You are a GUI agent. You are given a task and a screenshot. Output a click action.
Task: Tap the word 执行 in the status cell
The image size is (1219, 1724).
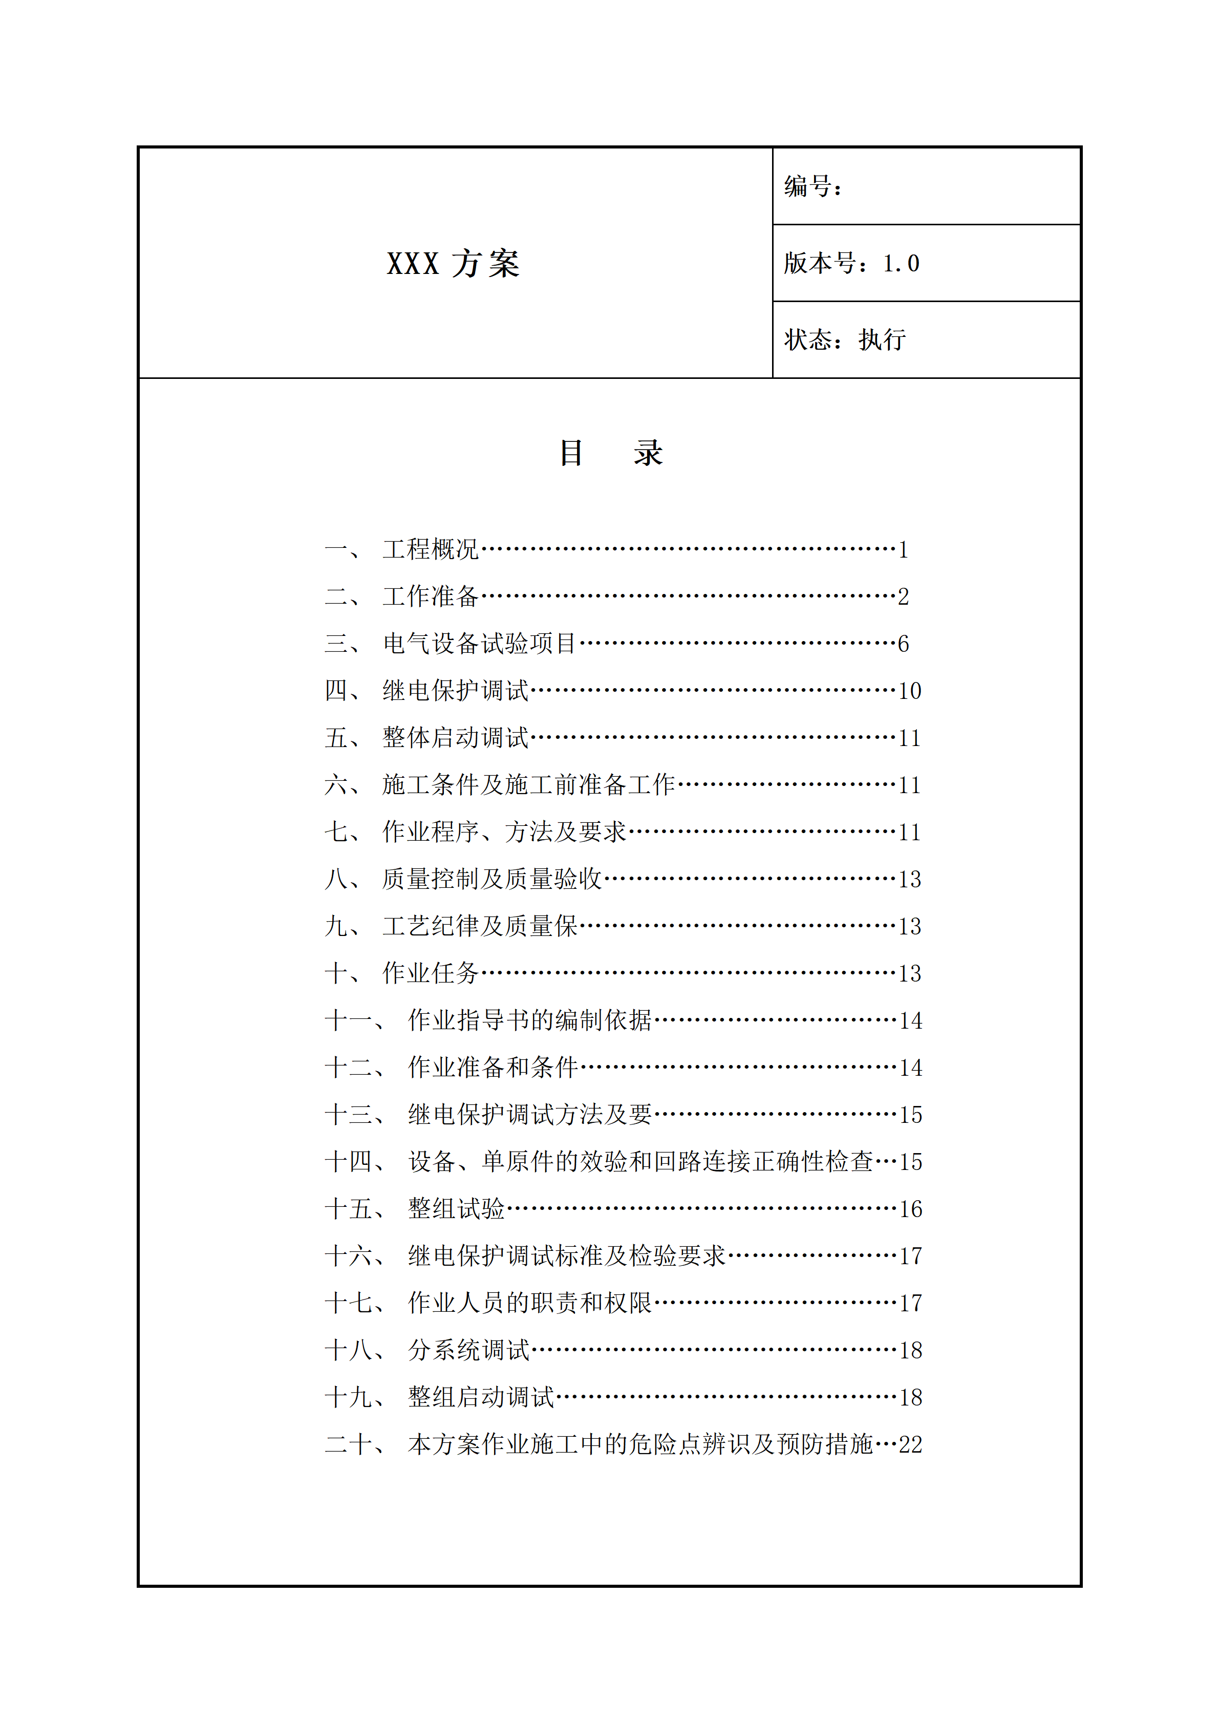[882, 340]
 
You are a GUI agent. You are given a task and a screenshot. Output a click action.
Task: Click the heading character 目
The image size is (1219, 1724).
[571, 453]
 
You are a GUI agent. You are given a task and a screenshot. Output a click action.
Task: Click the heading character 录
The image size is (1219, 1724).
[647, 453]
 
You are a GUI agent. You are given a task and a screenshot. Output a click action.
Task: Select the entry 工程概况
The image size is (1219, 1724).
[430, 549]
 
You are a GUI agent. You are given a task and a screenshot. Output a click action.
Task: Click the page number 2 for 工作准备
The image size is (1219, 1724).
[904, 597]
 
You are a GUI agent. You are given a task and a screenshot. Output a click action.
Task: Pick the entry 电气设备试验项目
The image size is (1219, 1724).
[479, 644]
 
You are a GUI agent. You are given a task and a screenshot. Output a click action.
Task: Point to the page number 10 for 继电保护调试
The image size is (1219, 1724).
[910, 691]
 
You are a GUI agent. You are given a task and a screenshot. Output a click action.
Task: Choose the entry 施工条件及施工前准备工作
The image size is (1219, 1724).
[528, 784]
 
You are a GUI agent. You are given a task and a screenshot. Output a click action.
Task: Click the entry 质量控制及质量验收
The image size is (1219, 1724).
[491, 879]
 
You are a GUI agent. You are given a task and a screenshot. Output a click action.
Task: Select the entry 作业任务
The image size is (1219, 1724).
[430, 973]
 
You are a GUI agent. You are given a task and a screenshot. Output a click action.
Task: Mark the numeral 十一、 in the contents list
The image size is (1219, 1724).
[354, 1020]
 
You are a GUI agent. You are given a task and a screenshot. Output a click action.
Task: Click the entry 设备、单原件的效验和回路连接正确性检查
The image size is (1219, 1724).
[640, 1162]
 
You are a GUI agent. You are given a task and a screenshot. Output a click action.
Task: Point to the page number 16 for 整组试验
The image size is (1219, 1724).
[910, 1209]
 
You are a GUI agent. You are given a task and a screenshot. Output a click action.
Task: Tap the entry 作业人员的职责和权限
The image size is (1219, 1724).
[530, 1303]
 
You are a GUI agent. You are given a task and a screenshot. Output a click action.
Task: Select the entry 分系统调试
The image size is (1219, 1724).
[468, 1350]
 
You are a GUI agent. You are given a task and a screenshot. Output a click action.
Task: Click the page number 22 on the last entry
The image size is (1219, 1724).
[910, 1444]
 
